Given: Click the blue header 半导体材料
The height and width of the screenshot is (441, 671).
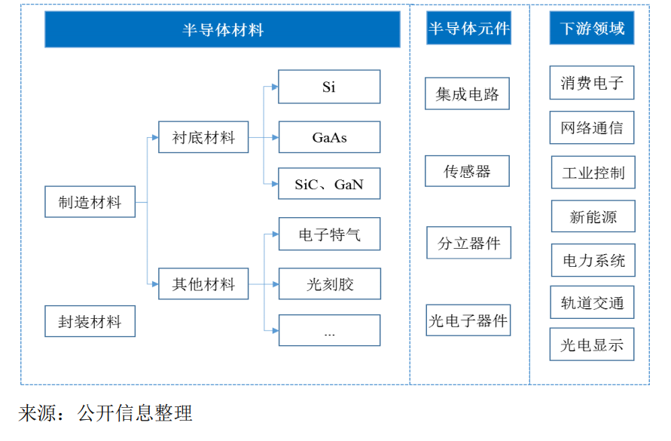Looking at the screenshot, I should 222,29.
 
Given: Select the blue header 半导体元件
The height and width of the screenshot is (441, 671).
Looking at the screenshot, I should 468,29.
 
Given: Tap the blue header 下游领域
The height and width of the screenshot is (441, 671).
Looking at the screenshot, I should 592,29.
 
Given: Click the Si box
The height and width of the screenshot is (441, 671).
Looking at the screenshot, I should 329,87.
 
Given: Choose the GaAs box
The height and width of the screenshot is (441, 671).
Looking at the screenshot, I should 329,137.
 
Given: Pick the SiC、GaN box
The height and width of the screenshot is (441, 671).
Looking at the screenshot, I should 329,184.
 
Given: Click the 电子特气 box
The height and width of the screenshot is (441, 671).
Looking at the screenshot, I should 329,234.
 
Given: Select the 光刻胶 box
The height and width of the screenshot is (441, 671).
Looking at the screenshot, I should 329,284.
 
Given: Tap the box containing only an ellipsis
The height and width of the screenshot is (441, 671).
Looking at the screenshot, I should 329,331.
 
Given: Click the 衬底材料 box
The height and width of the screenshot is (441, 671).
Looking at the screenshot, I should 203,137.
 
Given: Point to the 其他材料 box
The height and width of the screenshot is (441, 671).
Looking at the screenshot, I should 203,284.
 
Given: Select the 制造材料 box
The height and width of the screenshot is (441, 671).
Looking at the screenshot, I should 90,202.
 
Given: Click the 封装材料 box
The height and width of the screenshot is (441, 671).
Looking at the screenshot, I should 90,322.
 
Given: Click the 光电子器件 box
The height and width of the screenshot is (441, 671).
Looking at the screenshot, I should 468,320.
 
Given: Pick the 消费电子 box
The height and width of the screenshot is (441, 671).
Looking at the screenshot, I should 592,83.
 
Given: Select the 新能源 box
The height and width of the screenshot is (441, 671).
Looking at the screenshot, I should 593,216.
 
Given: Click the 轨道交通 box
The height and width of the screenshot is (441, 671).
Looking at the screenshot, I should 592,302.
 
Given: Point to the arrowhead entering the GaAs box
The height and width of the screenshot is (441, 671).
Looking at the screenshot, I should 275,138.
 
